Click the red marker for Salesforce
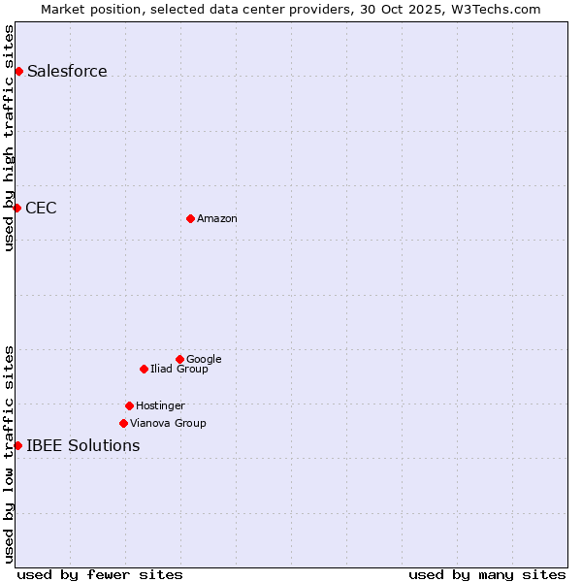18,71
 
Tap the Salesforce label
67,71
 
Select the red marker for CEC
17,208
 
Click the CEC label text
41,208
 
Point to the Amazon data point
190,218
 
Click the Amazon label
217,219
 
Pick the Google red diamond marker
179,359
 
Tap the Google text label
204,360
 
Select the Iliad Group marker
144,369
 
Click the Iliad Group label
179,370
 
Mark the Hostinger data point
129,405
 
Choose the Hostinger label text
160,406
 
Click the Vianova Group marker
123,423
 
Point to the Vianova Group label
168,424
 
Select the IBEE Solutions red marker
17,445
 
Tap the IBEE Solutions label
83,446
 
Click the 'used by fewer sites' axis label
100,574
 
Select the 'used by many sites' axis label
487,574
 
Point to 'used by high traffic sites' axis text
9,138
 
